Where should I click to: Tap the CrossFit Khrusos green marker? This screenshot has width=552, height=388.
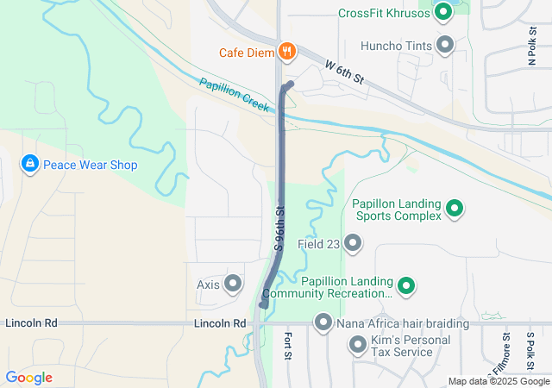(x=443, y=12)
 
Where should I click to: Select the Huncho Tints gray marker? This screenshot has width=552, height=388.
(x=446, y=44)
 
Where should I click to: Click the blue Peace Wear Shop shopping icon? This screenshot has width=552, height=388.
(x=29, y=164)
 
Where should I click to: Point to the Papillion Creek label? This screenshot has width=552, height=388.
(x=235, y=94)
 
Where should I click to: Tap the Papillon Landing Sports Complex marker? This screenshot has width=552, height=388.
(x=455, y=209)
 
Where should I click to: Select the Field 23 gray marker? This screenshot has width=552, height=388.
(x=353, y=244)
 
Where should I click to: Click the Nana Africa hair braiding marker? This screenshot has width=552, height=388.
(x=323, y=323)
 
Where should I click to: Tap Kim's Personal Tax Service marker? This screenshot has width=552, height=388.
(x=358, y=346)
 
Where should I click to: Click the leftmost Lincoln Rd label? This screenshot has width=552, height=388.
(x=31, y=323)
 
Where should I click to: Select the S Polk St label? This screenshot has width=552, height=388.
(x=531, y=348)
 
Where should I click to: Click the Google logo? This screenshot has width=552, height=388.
(x=28, y=378)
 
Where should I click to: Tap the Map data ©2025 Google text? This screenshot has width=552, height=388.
(x=499, y=382)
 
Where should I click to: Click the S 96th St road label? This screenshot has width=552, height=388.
(x=279, y=228)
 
